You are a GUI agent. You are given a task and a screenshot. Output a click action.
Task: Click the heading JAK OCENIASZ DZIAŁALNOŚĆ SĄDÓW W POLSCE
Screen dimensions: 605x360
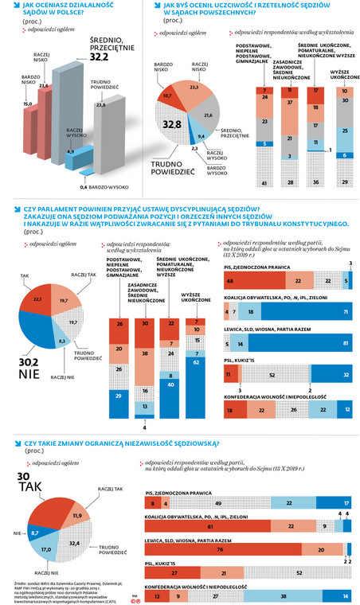coord(57,10)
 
